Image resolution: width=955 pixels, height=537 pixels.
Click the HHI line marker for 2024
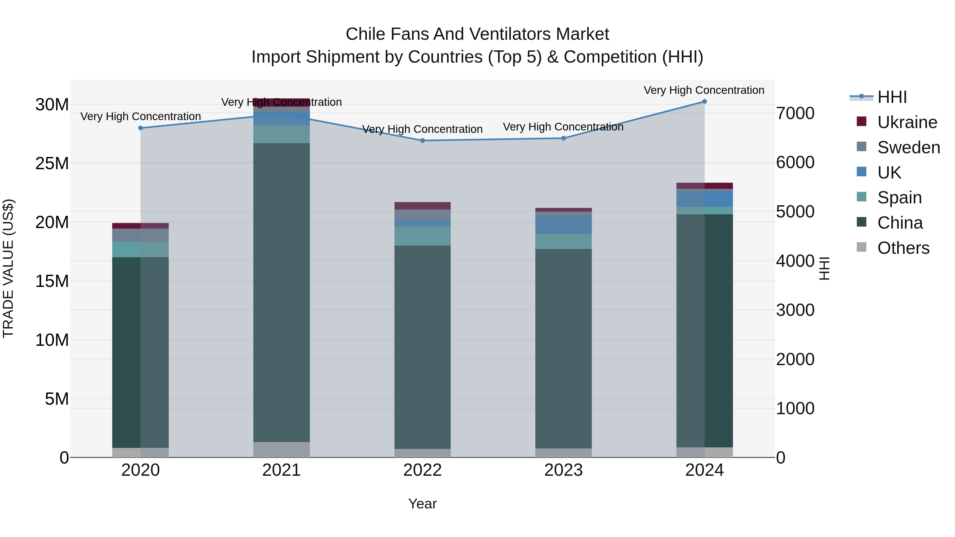point(704,102)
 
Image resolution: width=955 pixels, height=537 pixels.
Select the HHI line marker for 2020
point(141,128)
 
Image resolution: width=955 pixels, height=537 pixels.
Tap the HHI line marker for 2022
point(422,141)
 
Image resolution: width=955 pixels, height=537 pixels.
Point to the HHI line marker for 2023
point(563,138)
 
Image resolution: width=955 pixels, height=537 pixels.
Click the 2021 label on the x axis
point(281,470)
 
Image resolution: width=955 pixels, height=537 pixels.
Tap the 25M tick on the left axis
point(52,163)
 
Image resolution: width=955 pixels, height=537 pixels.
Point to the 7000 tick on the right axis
point(795,113)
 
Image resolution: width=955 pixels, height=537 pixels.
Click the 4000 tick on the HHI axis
point(795,261)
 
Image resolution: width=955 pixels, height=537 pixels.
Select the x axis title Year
point(422,504)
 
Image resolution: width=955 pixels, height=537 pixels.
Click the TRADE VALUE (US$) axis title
point(8,268)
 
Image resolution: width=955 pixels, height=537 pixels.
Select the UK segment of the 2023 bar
point(563,225)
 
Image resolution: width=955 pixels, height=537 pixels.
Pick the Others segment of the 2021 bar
point(281,449)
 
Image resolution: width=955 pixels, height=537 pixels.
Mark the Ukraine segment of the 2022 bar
point(422,206)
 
